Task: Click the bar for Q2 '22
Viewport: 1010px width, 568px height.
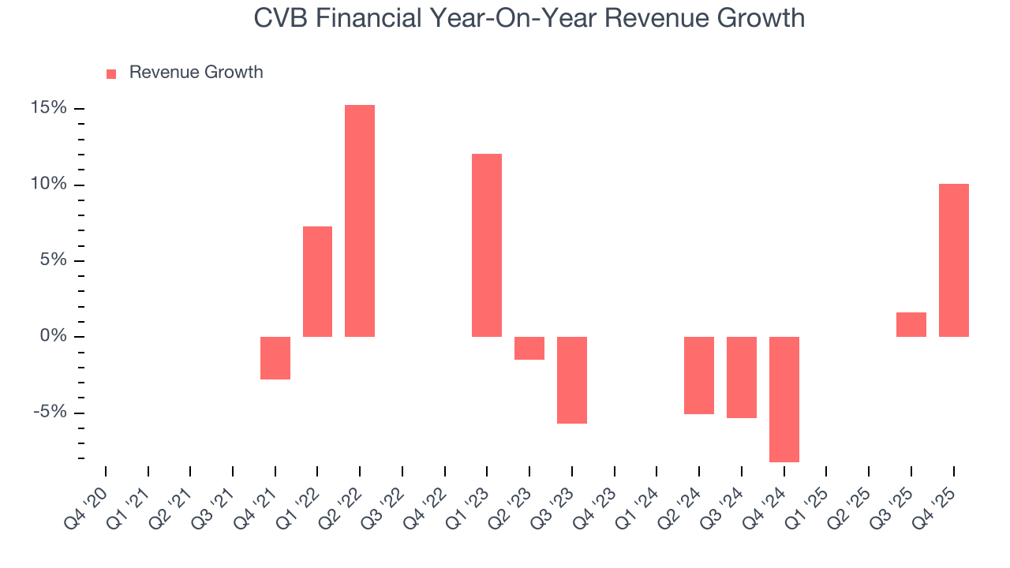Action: pos(360,221)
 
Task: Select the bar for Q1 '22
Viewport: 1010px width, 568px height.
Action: pos(317,282)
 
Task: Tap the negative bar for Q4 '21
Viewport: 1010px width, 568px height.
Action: pos(275,358)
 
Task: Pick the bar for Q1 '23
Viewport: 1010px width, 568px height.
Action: pos(487,245)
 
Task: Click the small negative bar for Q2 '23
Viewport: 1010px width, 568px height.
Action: pos(529,348)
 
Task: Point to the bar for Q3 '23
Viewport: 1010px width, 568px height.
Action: pos(572,380)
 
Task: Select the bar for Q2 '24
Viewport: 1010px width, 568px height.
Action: pos(699,376)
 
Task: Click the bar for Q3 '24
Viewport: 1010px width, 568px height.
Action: pos(742,377)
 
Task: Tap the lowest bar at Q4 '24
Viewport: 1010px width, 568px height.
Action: pos(784,399)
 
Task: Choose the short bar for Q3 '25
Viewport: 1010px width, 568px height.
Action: pos(911,325)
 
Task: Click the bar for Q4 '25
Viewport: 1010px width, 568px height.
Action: pos(954,260)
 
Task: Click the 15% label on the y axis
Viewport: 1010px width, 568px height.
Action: pos(48,108)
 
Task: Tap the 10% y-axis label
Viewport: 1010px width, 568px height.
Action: pos(48,184)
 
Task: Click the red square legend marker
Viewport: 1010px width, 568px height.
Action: pos(111,73)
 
